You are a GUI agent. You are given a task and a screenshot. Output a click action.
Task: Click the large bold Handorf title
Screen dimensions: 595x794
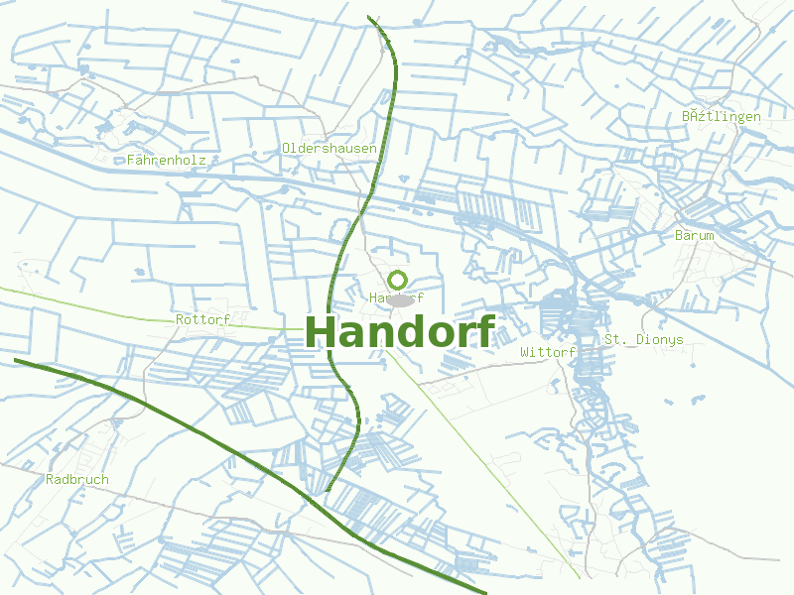coord(399,332)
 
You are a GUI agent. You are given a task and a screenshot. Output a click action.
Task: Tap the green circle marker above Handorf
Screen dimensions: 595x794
coord(398,280)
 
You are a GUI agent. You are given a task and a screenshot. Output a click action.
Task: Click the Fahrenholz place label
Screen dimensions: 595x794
coord(166,159)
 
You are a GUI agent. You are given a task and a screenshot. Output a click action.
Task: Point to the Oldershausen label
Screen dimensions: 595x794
coord(329,148)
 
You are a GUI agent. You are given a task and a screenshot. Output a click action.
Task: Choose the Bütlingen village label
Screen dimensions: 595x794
coord(722,116)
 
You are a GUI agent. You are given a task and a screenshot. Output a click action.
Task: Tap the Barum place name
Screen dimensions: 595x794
coord(694,235)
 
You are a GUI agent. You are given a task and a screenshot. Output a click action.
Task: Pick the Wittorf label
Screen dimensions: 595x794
coord(548,352)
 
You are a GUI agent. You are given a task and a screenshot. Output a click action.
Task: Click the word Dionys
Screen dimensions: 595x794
coord(660,339)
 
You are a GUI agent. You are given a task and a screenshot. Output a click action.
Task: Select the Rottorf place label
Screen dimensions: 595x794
coord(202,319)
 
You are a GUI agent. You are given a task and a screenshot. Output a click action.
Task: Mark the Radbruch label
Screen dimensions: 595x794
coord(77,479)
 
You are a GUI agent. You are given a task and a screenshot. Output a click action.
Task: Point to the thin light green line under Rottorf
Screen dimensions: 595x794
coord(119,311)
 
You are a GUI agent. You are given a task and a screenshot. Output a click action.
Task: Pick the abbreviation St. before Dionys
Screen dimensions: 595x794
coord(616,339)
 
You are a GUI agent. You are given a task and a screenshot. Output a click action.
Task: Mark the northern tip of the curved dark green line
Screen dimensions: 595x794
coord(368,17)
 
